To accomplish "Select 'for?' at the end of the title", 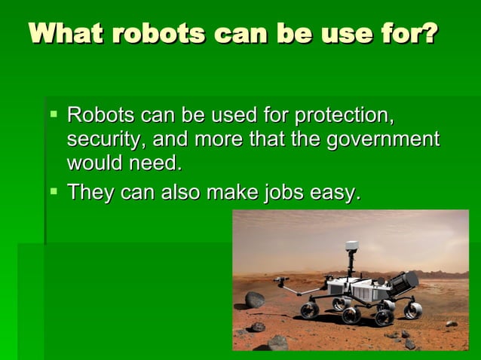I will click(x=411, y=35).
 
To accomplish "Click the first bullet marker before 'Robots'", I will click(x=54, y=115).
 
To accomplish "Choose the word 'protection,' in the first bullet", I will click(x=345, y=117).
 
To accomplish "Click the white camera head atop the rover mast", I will click(x=351, y=246).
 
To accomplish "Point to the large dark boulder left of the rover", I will click(x=255, y=300).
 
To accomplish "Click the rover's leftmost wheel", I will click(x=310, y=310).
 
